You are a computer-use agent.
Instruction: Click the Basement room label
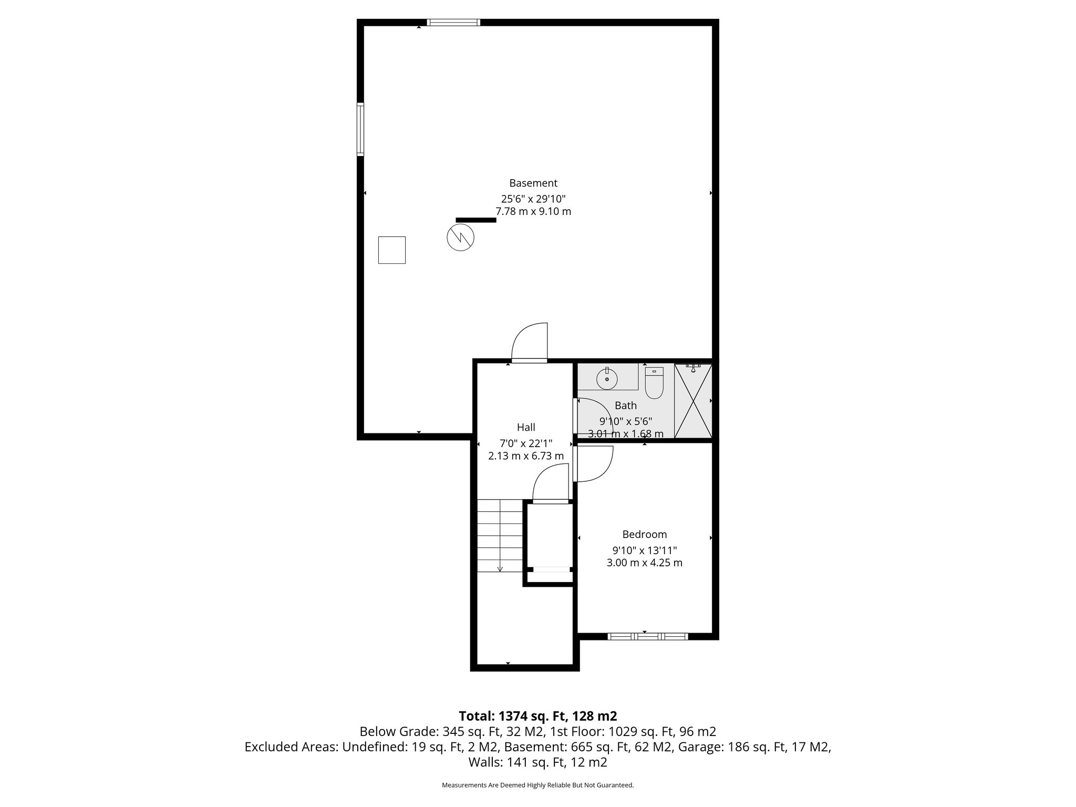pyautogui.click(x=533, y=183)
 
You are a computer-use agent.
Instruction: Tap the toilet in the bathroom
pyautogui.click(x=654, y=383)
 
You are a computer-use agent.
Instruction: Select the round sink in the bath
pyautogui.click(x=607, y=379)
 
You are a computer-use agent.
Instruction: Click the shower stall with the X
pyautogui.click(x=693, y=400)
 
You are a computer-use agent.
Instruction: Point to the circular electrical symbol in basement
pyautogui.click(x=460, y=237)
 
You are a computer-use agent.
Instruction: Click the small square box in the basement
pyautogui.click(x=391, y=250)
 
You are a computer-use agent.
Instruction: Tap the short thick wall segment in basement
pyautogui.click(x=475, y=220)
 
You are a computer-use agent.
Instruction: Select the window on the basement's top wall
pyautogui.click(x=453, y=23)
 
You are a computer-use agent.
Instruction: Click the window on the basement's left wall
pyautogui.click(x=360, y=129)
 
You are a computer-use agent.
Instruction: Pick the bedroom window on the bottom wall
pyautogui.click(x=647, y=636)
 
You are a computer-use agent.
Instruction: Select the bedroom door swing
pyautogui.click(x=594, y=463)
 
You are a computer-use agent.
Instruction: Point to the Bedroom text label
pyautogui.click(x=645, y=534)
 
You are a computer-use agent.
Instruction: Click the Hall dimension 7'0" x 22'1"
pyautogui.click(x=526, y=443)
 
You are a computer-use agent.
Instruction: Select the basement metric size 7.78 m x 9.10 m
pyautogui.click(x=533, y=212)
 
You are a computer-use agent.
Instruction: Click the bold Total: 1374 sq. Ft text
pyautogui.click(x=538, y=716)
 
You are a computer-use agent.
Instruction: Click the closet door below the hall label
pyautogui.click(x=550, y=486)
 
